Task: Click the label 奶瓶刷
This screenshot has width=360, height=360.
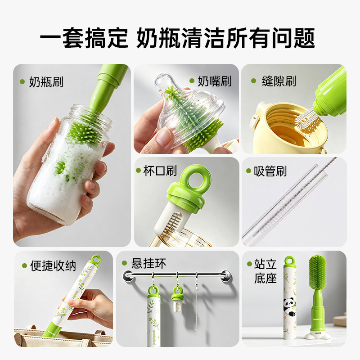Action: (46, 82)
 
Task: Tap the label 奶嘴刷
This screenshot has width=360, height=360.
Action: (215, 81)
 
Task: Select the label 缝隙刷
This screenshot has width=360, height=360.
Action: (279, 81)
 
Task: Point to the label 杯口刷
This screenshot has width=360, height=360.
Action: (160, 171)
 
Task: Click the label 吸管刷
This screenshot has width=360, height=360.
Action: (270, 171)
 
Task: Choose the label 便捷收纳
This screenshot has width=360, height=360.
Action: (53, 266)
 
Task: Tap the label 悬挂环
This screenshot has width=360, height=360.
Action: (148, 263)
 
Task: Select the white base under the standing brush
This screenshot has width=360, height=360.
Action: (318, 335)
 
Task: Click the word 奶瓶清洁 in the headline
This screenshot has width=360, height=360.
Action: (180, 38)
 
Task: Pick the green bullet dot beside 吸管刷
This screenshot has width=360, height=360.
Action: (248, 171)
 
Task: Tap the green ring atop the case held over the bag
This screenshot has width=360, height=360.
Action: (96, 260)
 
